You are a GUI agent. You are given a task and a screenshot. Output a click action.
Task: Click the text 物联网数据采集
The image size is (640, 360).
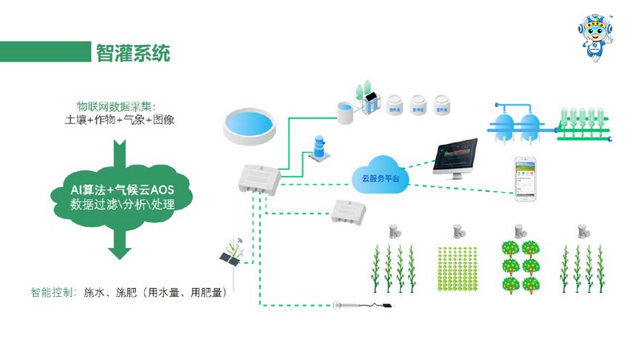115,106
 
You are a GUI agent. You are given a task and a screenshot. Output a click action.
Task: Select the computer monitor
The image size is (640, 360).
455,157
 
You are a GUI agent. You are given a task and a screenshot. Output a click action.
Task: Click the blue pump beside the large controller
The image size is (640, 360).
319,148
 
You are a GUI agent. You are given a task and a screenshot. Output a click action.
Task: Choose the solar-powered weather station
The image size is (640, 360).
232,254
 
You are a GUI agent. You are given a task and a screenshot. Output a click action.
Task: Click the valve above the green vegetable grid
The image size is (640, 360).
456,231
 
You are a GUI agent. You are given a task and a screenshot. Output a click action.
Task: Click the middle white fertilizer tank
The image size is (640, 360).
418,104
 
